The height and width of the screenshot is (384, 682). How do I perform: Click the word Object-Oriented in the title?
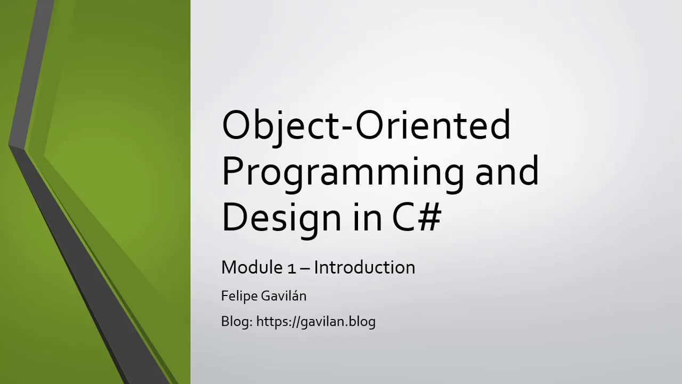pyautogui.click(x=366, y=125)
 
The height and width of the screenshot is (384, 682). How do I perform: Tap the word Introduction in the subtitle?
pyautogui.click(x=364, y=267)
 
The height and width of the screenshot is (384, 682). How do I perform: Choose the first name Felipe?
pyautogui.click(x=240, y=296)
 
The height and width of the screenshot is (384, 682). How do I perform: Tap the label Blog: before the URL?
pyautogui.click(x=237, y=322)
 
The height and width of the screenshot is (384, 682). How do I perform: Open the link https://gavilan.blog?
pyautogui.click(x=316, y=322)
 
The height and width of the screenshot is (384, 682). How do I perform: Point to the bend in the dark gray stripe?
pyautogui.click(x=16, y=146)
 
